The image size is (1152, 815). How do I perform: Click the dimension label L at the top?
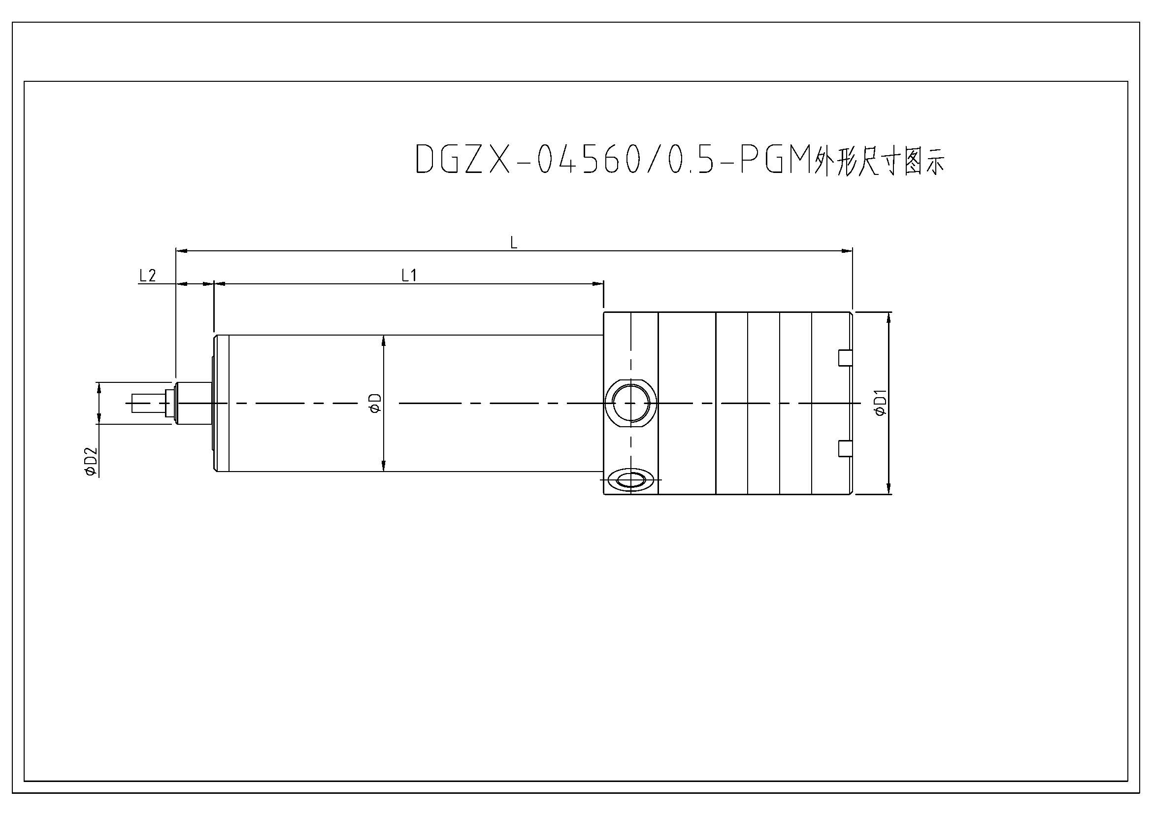[513, 243]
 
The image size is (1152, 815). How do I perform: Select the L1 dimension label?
[409, 275]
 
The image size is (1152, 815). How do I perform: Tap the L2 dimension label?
[148, 275]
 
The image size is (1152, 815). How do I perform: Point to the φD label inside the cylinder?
[376, 404]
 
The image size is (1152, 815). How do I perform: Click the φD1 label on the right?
[881, 403]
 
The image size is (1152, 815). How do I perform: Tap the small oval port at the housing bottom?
[631, 480]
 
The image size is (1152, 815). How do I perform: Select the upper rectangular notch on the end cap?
[845, 357]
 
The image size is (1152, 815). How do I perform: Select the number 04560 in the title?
[587, 160]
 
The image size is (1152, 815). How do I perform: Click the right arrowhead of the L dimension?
[848, 249]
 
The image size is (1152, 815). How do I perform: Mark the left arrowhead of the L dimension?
[181, 249]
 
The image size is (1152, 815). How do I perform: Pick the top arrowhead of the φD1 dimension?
[889, 317]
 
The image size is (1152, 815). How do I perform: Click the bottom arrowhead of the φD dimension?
[383, 466]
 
